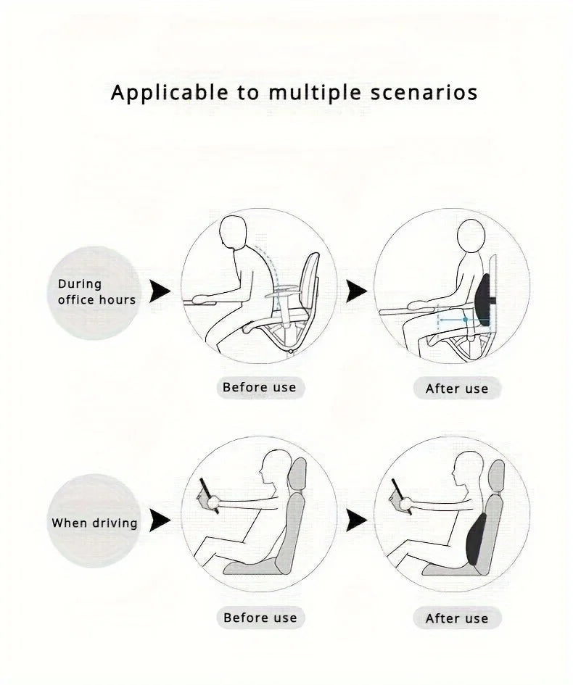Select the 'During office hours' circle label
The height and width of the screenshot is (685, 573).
[x=96, y=291]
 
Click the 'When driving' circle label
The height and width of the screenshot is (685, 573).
[x=95, y=522]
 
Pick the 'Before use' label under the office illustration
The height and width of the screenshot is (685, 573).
[x=260, y=387]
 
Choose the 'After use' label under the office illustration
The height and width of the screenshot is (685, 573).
[x=457, y=389]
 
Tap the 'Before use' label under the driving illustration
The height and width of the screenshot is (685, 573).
[x=260, y=618]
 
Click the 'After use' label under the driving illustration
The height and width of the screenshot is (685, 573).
[x=457, y=618]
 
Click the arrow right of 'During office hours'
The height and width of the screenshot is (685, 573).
[x=160, y=291]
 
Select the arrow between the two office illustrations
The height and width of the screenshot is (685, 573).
[x=355, y=291]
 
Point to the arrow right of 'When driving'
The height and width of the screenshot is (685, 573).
[x=160, y=520]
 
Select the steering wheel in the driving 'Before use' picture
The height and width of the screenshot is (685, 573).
[x=207, y=497]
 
